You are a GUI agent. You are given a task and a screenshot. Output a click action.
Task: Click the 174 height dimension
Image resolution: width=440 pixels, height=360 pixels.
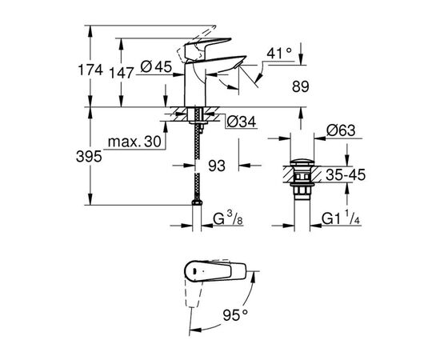(92, 70)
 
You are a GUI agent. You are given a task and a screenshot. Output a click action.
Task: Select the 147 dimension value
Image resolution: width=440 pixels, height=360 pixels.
(122, 70)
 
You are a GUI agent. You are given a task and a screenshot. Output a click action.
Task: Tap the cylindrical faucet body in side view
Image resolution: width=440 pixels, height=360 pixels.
(195, 84)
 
